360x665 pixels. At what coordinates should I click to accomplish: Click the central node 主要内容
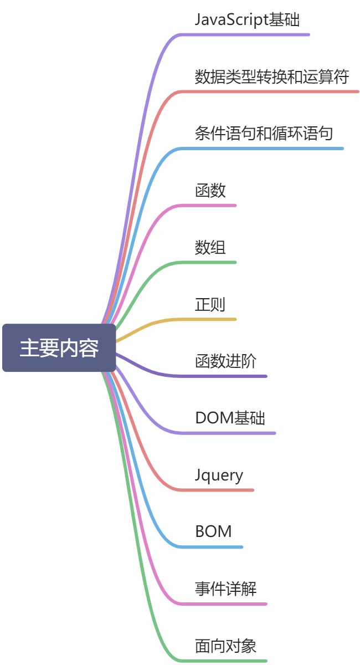(x=59, y=348)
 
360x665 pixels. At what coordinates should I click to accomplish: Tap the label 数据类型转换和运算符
(x=271, y=76)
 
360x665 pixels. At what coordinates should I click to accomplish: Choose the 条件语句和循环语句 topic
(x=264, y=134)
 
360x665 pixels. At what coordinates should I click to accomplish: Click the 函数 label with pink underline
(x=210, y=191)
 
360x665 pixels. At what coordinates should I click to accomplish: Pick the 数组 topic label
(x=210, y=248)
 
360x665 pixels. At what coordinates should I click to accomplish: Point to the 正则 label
(x=210, y=305)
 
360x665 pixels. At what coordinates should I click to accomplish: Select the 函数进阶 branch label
(x=226, y=362)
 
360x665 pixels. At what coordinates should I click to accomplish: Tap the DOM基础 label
(x=230, y=418)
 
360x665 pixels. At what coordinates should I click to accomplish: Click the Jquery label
(x=219, y=475)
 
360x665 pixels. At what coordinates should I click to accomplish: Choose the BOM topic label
(x=213, y=532)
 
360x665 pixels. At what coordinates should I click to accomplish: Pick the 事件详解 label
(x=226, y=589)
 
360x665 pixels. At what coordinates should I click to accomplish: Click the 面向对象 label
(x=226, y=646)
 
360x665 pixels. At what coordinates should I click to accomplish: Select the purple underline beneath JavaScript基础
(x=249, y=34)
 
